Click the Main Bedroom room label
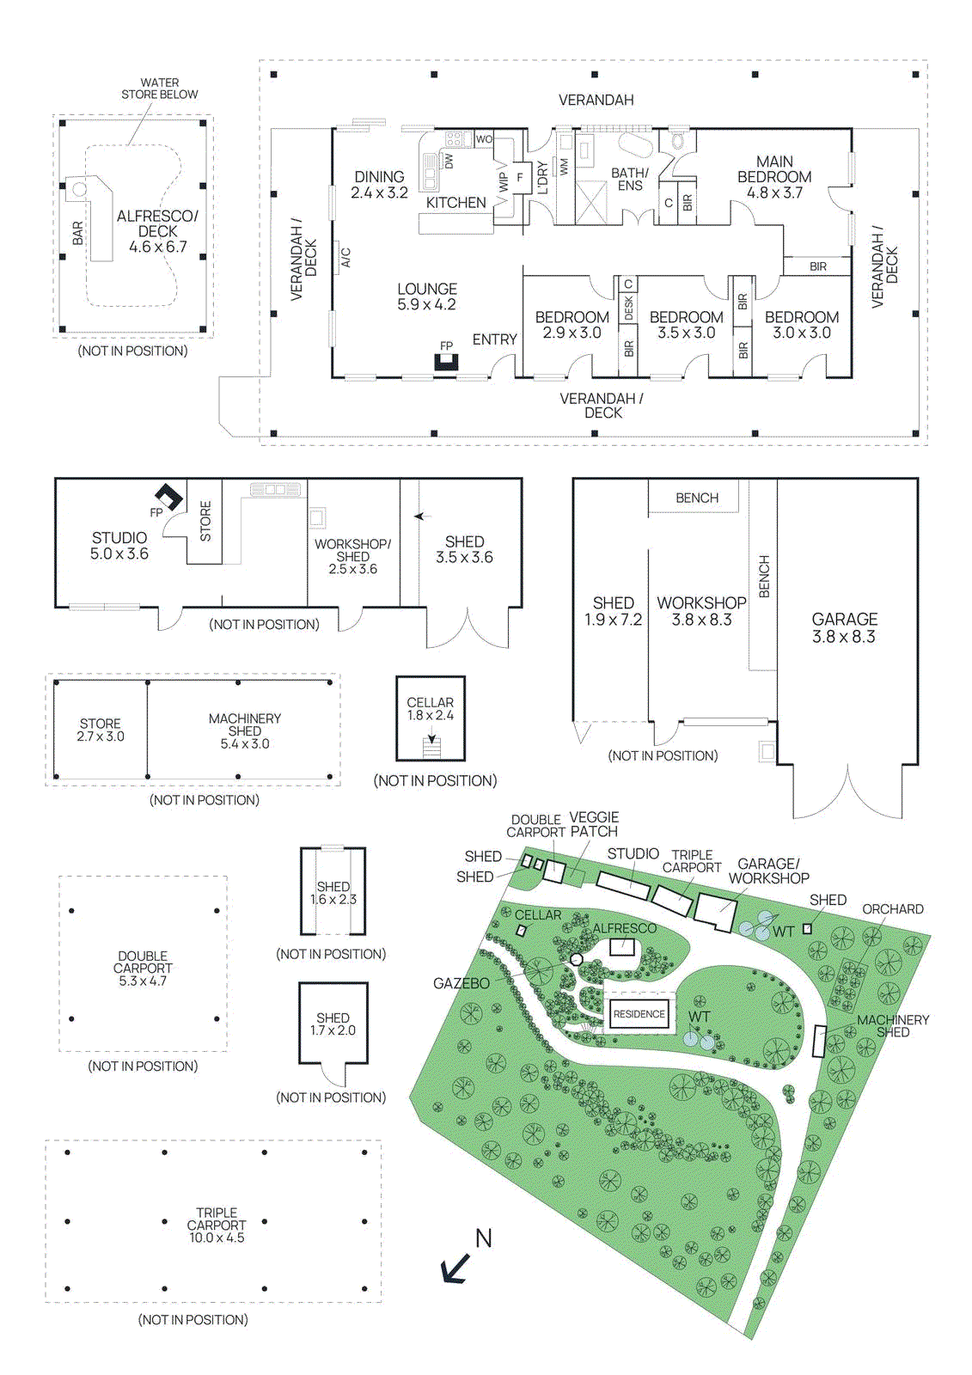coord(774,177)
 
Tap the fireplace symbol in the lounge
coord(446,362)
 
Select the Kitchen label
coord(456,203)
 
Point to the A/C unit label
coord(345,257)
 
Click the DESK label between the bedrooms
coord(628,308)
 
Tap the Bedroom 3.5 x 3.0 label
coord(686,325)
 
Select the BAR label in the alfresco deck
coord(78,232)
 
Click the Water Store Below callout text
coord(160,89)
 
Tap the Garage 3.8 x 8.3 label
coord(844,627)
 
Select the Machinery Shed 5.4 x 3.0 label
coord(245,730)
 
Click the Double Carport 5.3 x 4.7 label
coord(143,968)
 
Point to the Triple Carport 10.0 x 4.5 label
coord(217,1225)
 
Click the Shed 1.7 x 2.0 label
coord(333,1024)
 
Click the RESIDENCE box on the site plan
coord(639,1014)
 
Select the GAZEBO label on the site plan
coord(462,983)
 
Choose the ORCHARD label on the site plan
coord(892,909)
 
